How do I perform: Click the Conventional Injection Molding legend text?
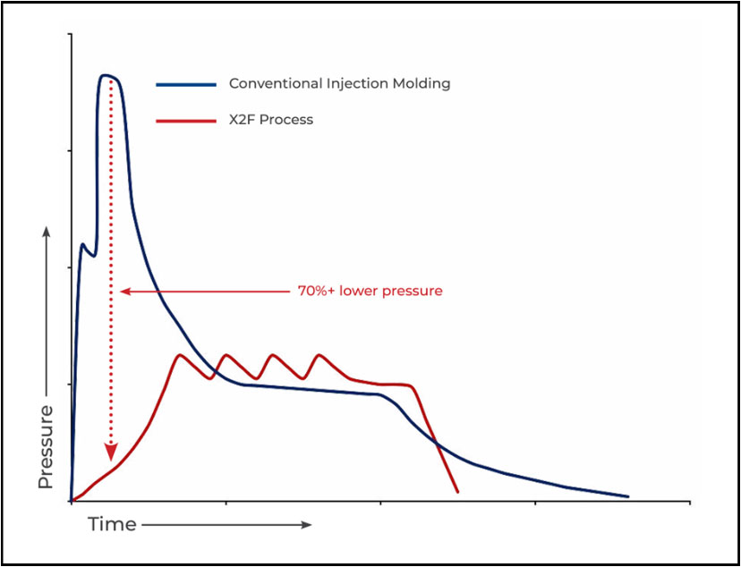339,84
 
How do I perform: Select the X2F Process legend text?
271,119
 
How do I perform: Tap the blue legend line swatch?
186,84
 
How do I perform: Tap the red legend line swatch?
186,119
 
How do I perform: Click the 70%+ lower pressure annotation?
370,292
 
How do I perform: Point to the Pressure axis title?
47,446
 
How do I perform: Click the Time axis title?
112,524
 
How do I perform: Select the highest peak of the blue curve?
106,75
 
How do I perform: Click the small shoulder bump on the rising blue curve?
83,243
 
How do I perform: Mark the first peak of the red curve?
180,355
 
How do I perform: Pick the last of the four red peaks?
317,355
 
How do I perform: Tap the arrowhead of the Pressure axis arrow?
47,231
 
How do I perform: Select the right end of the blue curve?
627,496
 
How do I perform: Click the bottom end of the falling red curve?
457,492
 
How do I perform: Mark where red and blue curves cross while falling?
434,439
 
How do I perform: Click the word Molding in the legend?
422,84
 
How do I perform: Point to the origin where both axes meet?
71,501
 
